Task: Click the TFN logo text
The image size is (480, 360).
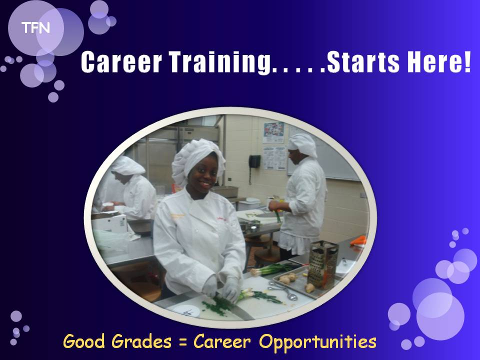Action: click(x=35, y=28)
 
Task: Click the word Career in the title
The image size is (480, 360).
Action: click(x=121, y=62)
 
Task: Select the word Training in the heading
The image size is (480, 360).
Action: click(x=220, y=63)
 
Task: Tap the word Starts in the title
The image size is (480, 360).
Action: click(x=363, y=62)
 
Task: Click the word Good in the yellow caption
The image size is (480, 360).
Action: click(x=83, y=341)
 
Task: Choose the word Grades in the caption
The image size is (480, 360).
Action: click(x=141, y=341)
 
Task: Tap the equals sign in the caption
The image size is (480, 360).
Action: click(x=183, y=342)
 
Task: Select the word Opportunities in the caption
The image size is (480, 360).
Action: click(x=318, y=342)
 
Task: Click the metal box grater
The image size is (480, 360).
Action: click(x=322, y=264)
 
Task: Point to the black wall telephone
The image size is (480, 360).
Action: click(x=254, y=161)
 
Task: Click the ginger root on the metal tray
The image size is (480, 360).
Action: click(x=287, y=278)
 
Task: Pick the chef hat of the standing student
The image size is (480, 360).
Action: click(x=303, y=145)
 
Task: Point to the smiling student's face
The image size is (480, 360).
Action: click(x=204, y=173)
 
